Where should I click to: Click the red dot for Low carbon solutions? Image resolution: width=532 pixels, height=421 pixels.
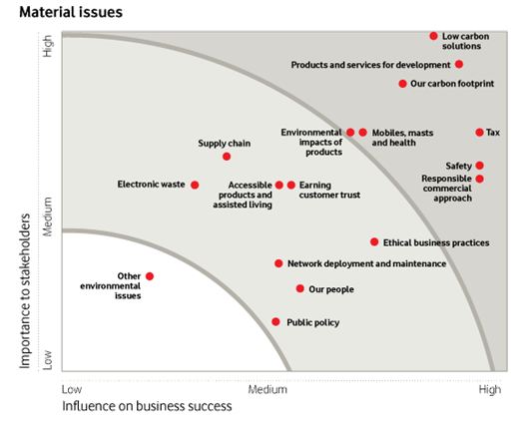pyautogui.click(x=433, y=36)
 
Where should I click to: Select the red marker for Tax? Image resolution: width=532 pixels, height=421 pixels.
pyautogui.click(x=479, y=132)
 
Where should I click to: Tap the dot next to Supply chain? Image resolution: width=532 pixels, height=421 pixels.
pyautogui.click(x=227, y=157)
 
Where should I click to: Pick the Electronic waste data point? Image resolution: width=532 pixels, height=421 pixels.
pyautogui.click(x=195, y=185)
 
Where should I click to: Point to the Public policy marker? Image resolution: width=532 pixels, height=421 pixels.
pyautogui.click(x=275, y=322)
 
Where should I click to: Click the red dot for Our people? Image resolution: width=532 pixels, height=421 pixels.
pyautogui.click(x=299, y=288)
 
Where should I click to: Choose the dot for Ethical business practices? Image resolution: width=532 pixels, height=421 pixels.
pyautogui.click(x=374, y=241)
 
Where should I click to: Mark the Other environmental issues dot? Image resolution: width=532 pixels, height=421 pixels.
pyautogui.click(x=150, y=276)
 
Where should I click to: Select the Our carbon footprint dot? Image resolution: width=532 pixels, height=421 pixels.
pyautogui.click(x=402, y=84)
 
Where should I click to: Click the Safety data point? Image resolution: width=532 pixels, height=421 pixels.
pyautogui.click(x=479, y=166)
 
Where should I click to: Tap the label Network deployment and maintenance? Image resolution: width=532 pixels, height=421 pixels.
pyautogui.click(x=366, y=263)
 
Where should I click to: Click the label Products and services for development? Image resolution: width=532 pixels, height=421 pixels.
pyautogui.click(x=370, y=65)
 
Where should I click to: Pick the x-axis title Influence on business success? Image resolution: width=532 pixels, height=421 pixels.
pyautogui.click(x=147, y=407)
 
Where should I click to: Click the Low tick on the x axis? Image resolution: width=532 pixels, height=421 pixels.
pyautogui.click(x=71, y=389)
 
